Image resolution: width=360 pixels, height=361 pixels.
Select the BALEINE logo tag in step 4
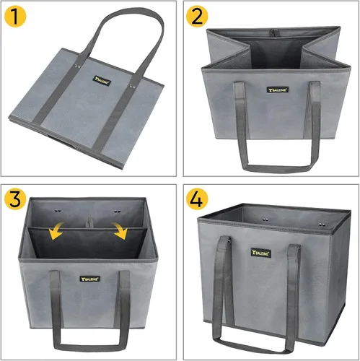click(260, 252)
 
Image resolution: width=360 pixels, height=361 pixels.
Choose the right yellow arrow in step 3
click(119, 232)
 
